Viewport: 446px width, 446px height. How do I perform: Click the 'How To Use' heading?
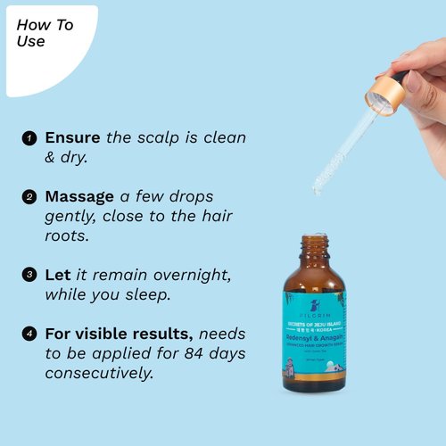(45, 33)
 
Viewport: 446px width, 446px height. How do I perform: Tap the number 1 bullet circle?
(29, 139)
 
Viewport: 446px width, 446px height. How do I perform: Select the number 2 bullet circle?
(29, 196)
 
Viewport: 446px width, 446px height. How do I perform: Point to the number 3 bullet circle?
(29, 275)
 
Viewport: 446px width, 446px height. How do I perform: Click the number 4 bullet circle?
(29, 334)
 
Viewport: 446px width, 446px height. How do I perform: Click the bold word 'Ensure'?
(73, 138)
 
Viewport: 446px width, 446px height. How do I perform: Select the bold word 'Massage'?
(79, 195)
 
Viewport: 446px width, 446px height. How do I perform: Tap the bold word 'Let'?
(57, 274)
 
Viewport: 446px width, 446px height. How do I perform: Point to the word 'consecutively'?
(99, 373)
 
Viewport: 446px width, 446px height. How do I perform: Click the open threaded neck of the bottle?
(314, 245)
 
